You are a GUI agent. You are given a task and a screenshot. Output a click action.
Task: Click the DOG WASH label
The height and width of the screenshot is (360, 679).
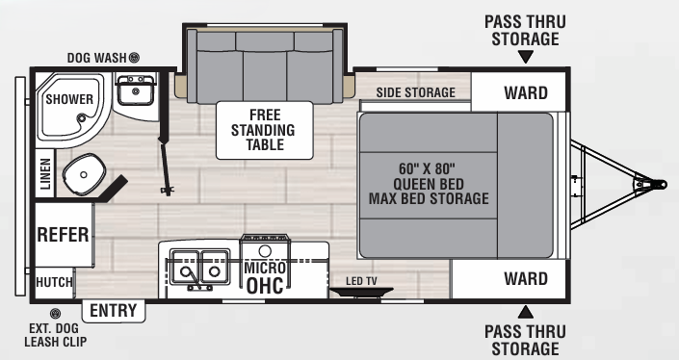point(96,58)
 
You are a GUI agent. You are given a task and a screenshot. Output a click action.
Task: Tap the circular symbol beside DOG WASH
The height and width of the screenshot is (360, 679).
point(135,58)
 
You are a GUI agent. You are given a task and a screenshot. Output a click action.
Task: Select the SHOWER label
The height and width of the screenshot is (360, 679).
point(68,99)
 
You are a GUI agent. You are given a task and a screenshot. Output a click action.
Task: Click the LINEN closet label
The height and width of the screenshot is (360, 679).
point(43,175)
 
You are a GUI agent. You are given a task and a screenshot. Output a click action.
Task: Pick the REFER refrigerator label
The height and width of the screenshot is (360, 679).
point(63,234)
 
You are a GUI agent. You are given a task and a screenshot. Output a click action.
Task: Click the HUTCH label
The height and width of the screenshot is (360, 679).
point(54,283)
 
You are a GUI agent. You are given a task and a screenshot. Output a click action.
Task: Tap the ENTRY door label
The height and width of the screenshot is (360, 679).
point(114,311)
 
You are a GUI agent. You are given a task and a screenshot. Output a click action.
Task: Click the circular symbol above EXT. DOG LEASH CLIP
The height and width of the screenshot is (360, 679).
point(55,314)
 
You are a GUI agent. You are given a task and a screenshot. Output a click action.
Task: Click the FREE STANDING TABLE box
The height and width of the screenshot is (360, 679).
point(265,129)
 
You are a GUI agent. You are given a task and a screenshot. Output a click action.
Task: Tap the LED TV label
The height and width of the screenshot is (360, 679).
point(362,281)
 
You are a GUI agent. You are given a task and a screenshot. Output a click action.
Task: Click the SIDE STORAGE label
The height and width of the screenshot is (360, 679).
point(415,92)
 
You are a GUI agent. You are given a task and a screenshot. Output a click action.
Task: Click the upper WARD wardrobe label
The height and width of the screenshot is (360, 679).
point(525,93)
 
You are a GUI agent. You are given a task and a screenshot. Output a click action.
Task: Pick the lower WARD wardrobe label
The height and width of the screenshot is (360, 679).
point(525,279)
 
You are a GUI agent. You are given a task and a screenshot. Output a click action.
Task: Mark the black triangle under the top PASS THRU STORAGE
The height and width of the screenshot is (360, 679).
point(525,58)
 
